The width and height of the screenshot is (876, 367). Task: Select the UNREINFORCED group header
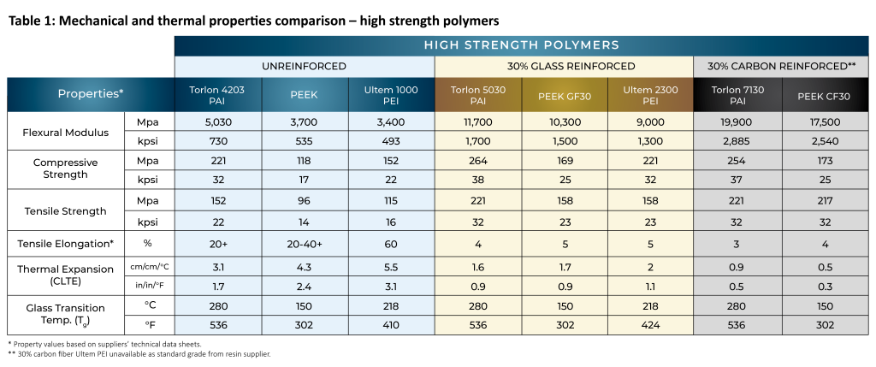(305, 66)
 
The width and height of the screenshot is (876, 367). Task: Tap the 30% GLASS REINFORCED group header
(564, 66)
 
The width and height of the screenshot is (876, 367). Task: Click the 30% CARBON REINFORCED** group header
(781, 66)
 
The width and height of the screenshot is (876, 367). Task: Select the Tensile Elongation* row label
(66, 244)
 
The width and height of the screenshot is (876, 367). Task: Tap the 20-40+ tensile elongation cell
(305, 244)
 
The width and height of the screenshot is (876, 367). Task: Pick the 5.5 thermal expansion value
(391, 267)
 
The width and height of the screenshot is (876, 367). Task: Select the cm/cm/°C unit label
(150, 267)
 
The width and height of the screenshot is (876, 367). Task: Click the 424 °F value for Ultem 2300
(650, 324)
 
